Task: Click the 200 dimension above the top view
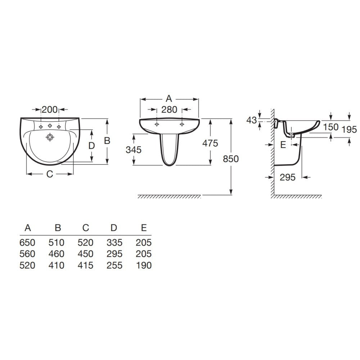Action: [50, 109]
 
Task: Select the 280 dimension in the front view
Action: [169, 109]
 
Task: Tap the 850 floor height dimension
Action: [231, 159]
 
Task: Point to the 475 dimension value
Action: [210, 143]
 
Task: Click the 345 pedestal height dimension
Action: [134, 150]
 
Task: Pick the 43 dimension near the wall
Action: [252, 120]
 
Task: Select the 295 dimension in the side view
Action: [288, 177]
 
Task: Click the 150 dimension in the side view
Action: [331, 127]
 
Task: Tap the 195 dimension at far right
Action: [349, 130]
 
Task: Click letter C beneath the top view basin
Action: [50, 174]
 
